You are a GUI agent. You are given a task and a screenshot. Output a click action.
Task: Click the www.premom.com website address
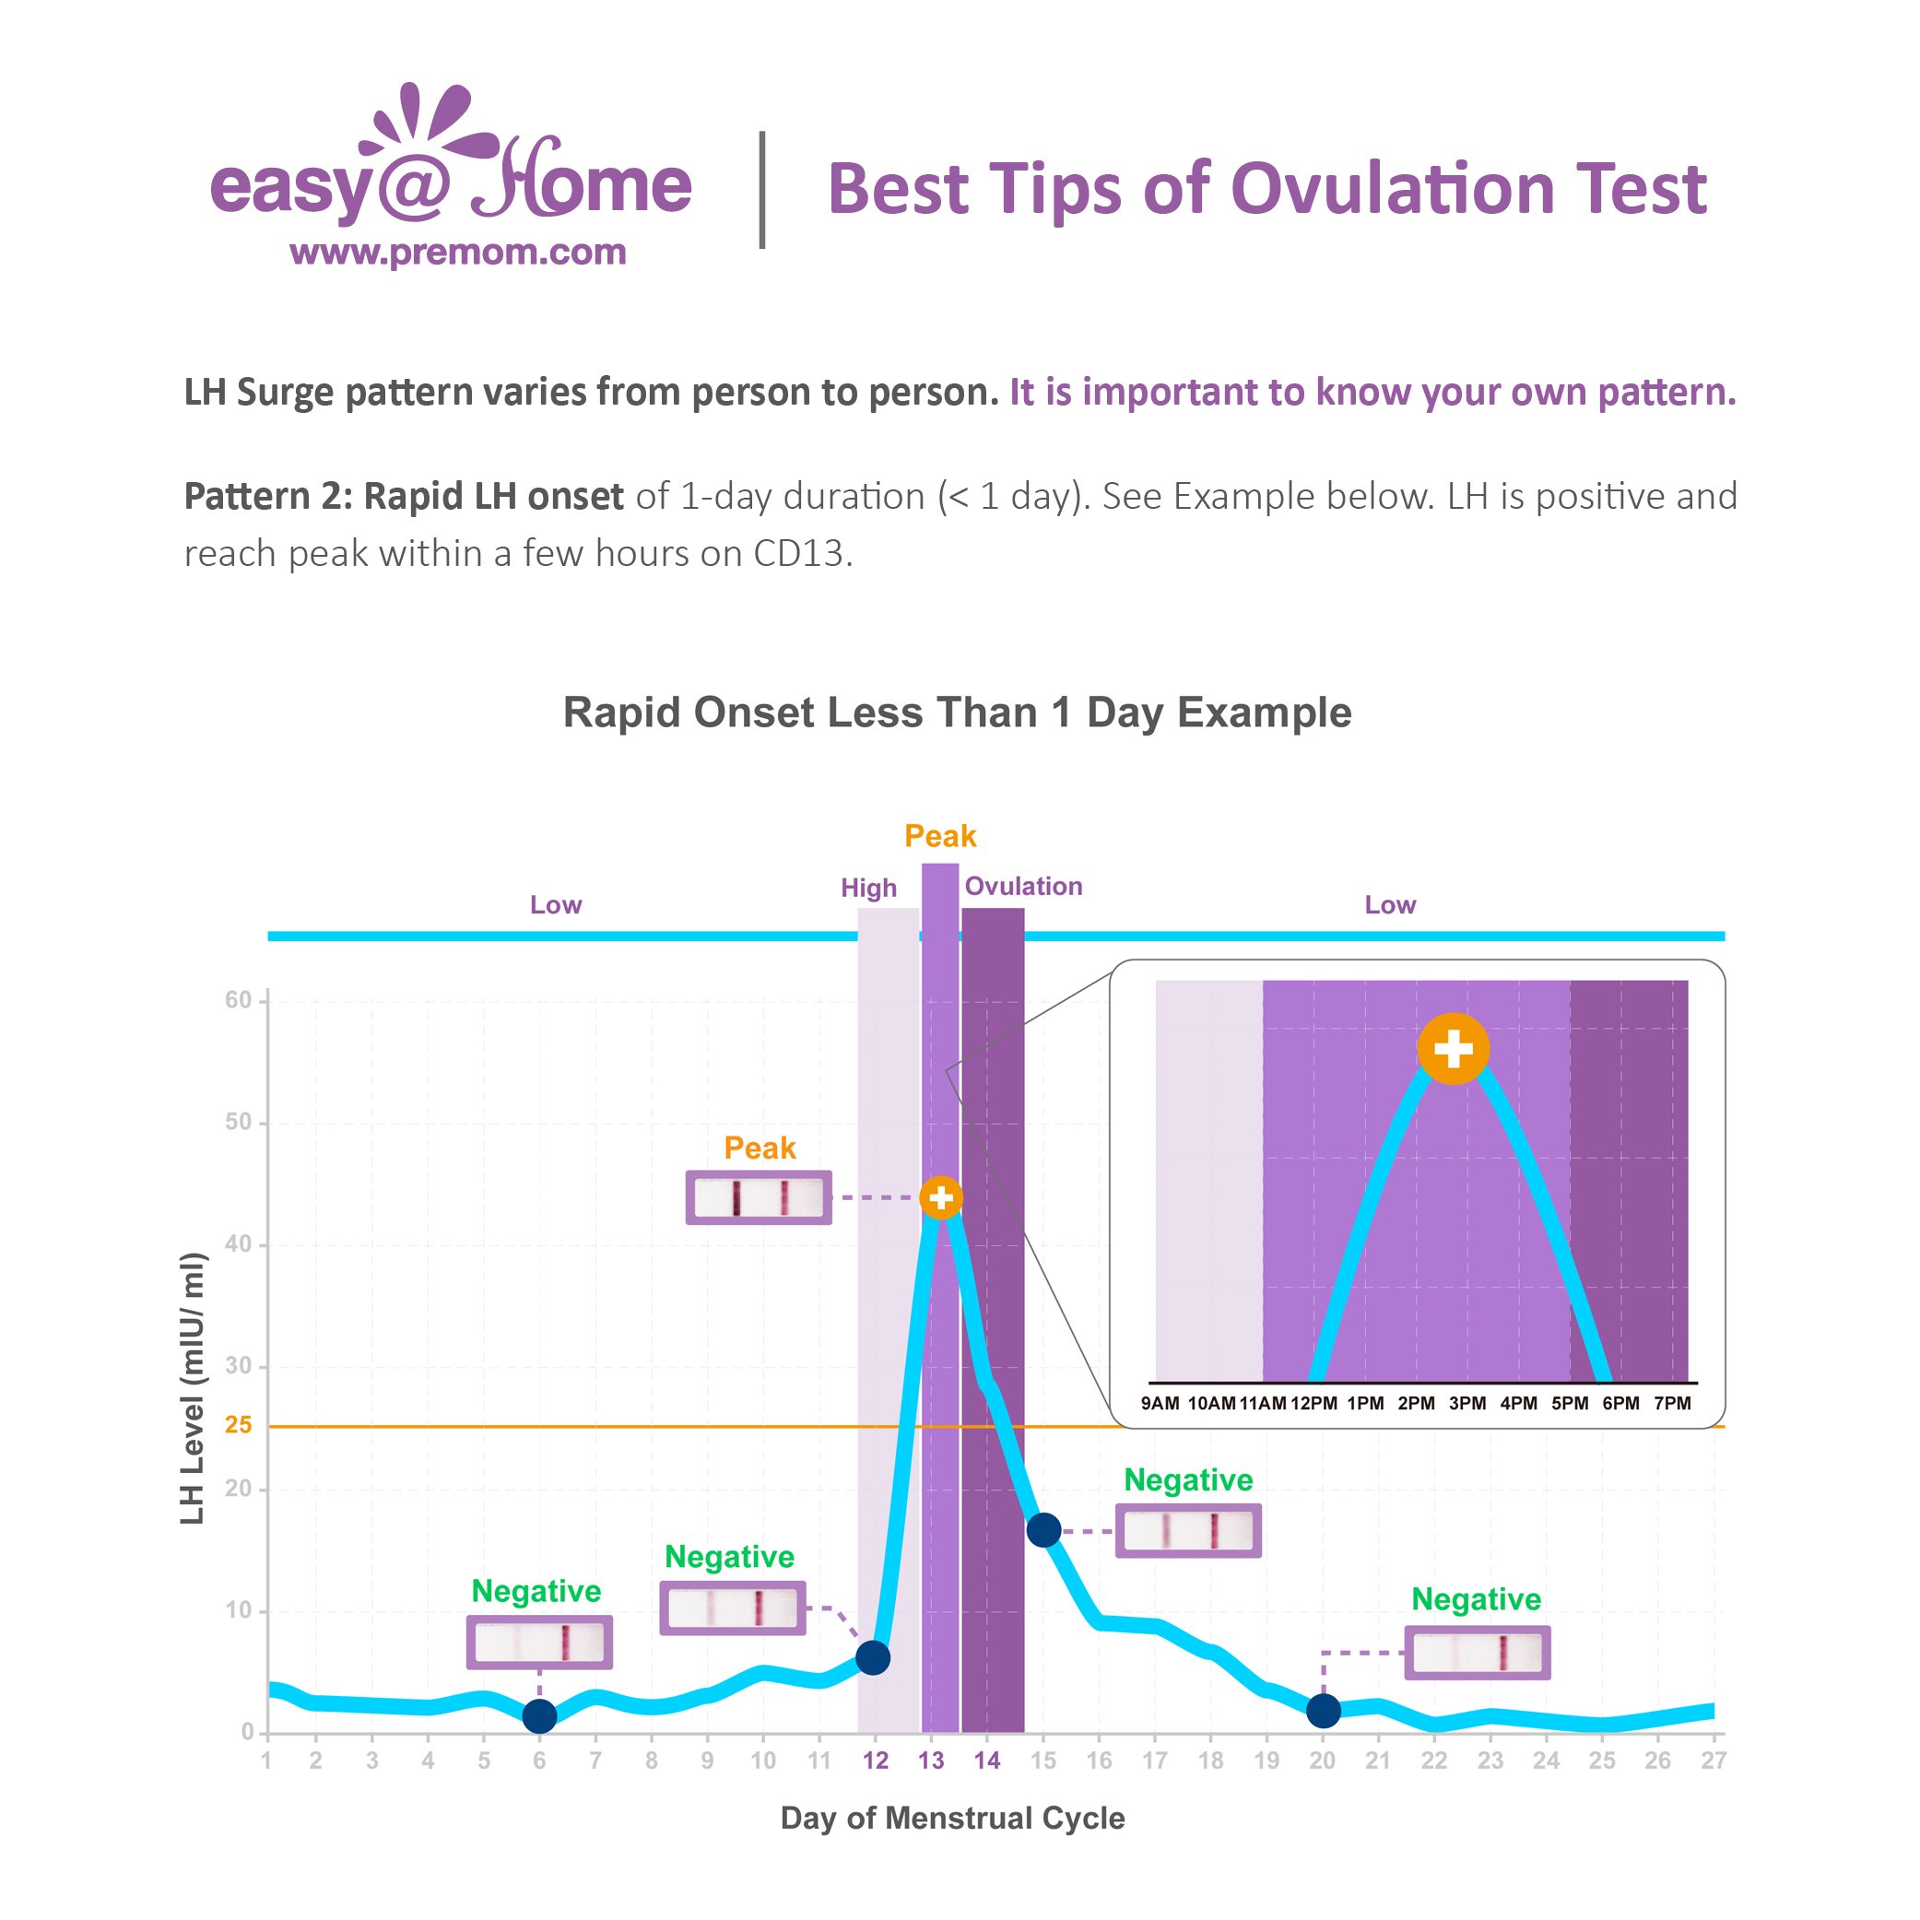pos(457,253)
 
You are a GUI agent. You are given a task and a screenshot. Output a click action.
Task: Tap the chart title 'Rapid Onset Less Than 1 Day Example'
pos(957,713)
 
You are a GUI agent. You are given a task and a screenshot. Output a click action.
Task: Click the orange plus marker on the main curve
pos(940,1197)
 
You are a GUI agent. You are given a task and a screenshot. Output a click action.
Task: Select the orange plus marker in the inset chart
pos(1453,1048)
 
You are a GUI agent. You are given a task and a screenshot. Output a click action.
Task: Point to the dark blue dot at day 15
pos(1043,1529)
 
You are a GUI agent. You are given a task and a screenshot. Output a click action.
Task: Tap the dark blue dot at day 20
pos(1323,1711)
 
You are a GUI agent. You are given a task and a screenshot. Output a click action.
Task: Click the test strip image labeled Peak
pos(759,1197)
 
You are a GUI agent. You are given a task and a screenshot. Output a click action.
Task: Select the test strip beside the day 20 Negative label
pos(1477,1653)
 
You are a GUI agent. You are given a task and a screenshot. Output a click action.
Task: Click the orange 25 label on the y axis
pos(239,1425)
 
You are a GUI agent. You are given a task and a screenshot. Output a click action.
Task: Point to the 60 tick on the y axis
pos(239,1000)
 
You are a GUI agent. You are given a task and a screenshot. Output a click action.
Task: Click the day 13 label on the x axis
pos(930,1761)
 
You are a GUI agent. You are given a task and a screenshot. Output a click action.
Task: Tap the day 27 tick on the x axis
pos(1714,1761)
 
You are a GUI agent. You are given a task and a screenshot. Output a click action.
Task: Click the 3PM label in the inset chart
pos(1467,1403)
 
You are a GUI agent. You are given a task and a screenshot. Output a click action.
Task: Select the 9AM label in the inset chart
pos(1160,1403)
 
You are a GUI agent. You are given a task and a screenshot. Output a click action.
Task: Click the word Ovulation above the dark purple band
pos(1024,886)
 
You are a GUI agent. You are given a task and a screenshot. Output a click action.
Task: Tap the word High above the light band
pos(868,888)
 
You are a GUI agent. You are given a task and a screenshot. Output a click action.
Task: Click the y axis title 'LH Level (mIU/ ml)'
pos(193,1388)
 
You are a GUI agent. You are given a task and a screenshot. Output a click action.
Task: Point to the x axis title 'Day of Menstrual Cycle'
pos(952,1818)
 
